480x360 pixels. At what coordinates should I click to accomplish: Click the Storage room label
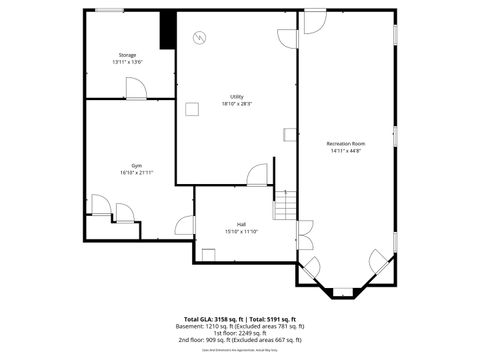(127, 55)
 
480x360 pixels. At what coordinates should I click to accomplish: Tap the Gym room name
(136, 165)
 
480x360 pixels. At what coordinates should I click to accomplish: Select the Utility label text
(237, 97)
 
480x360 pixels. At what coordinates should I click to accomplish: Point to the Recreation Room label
(346, 144)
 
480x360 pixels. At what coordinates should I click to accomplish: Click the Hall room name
(241, 224)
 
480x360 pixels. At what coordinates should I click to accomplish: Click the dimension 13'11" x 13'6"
(127, 62)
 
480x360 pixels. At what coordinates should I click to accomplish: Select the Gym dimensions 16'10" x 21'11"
(136, 172)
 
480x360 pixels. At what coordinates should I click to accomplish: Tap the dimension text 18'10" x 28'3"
(237, 104)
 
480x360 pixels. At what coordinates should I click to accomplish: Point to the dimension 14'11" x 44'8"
(346, 151)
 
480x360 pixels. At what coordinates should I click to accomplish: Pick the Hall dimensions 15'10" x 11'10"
(241, 231)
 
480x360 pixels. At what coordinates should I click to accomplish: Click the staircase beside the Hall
(285, 205)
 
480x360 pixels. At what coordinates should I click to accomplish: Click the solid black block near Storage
(168, 30)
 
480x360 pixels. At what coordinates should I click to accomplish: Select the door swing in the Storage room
(137, 88)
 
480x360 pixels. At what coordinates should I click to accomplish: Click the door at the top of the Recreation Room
(314, 20)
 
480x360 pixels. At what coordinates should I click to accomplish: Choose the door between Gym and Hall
(185, 225)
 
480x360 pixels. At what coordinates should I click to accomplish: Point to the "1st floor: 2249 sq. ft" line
(240, 333)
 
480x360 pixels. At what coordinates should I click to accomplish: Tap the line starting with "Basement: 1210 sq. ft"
(240, 326)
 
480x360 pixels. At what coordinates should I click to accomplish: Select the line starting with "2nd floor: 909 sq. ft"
(240, 340)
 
